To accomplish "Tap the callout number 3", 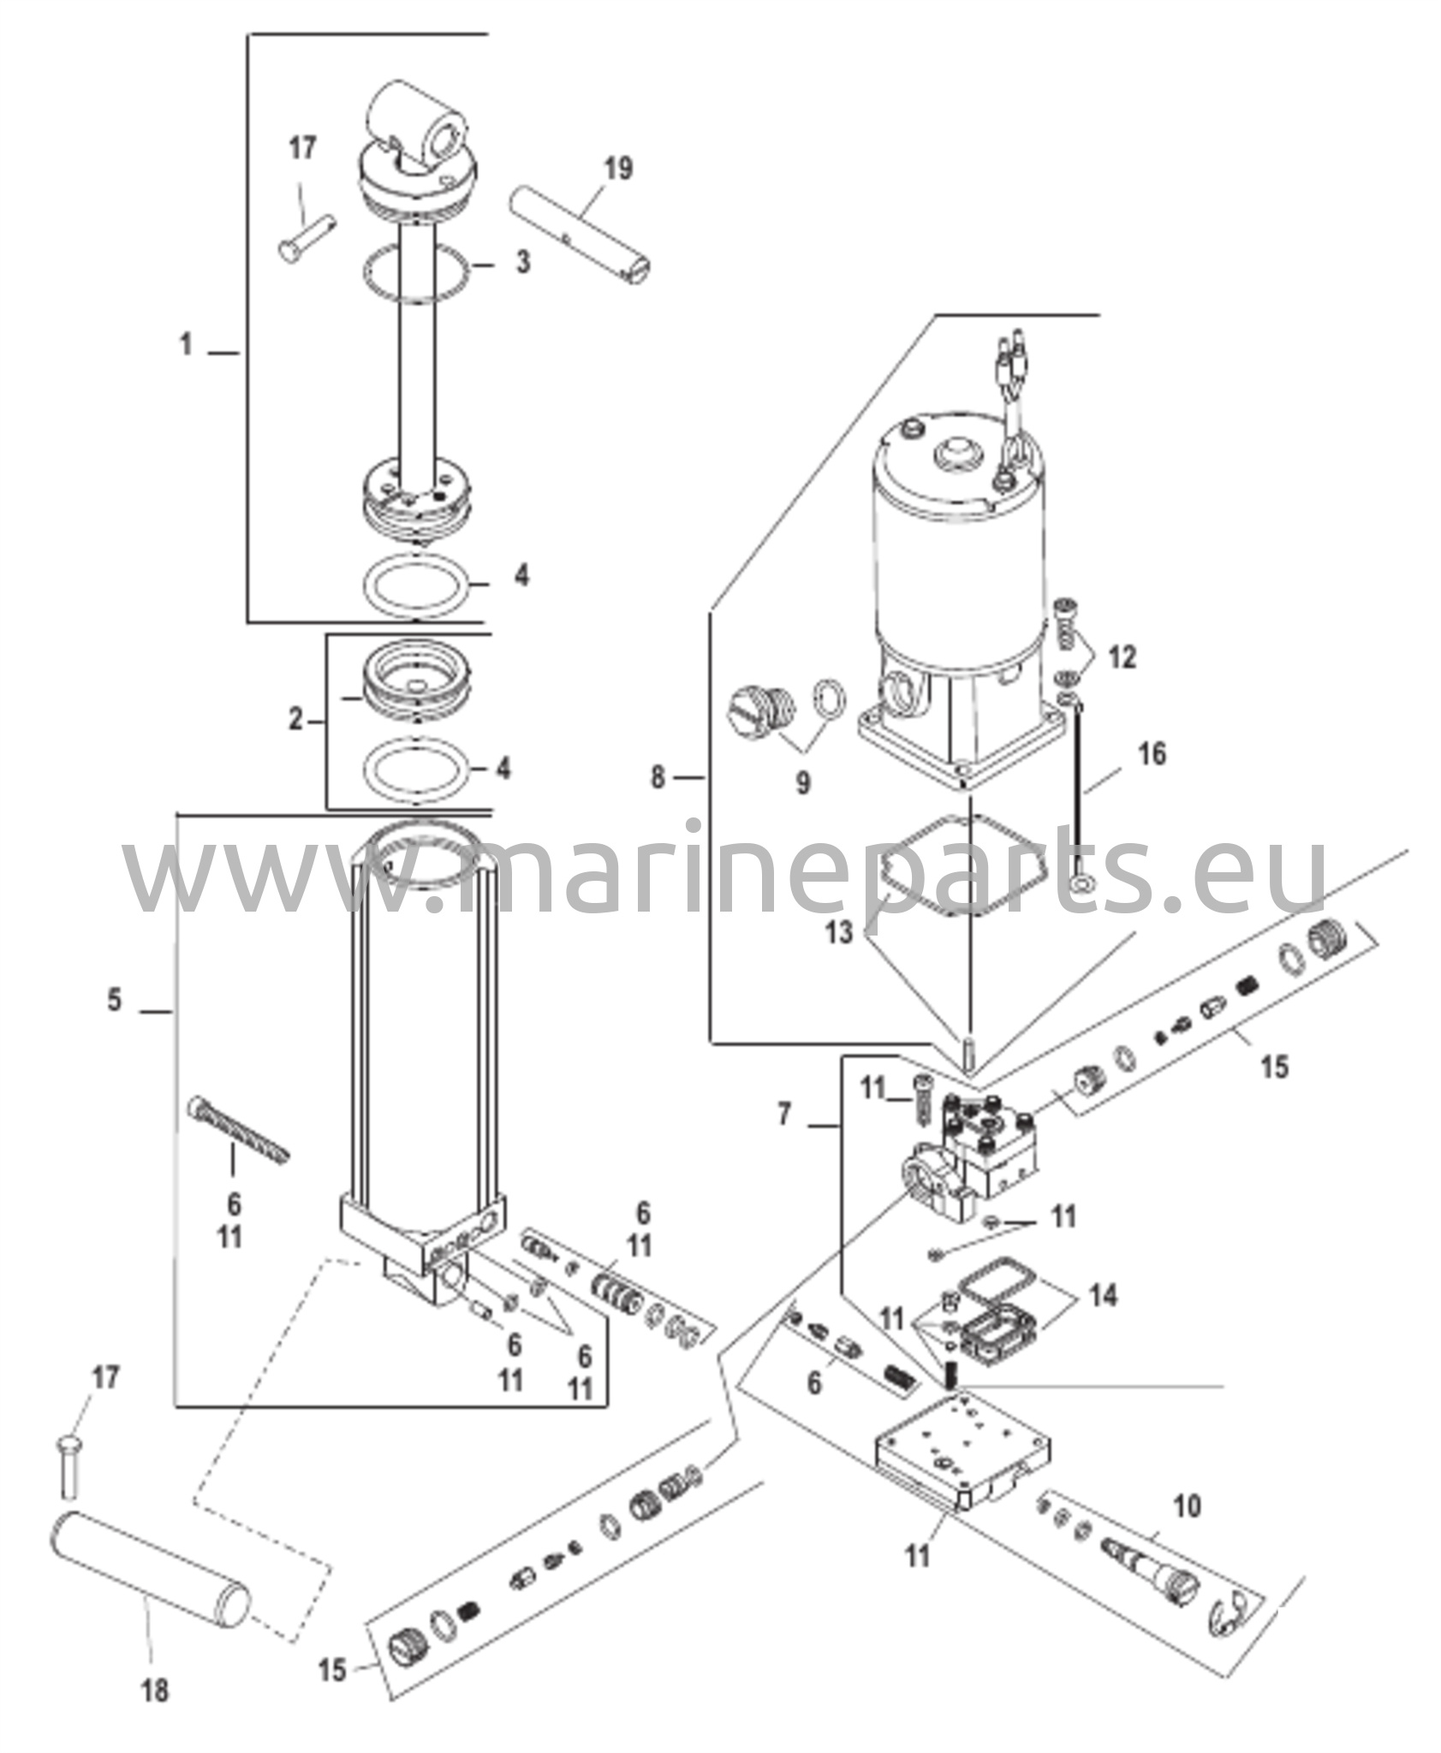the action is (523, 262).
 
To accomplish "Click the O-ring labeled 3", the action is (416, 272).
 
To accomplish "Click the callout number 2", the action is (296, 720).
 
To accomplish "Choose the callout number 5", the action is (115, 999).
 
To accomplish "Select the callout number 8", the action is (658, 778).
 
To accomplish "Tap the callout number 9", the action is (802, 782).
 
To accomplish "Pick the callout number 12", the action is (1122, 657).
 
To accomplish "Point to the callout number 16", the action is (1152, 754).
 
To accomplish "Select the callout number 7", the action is (785, 1114).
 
